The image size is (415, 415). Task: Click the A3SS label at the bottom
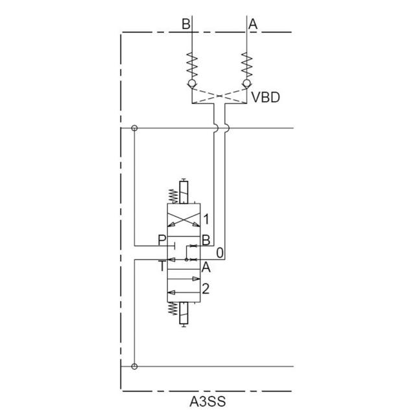[207, 401]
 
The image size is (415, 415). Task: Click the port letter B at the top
[186, 24]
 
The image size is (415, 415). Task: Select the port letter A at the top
[253, 24]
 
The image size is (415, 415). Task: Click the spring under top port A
[246, 65]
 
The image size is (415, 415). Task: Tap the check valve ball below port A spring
[246, 84]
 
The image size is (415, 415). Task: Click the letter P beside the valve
[162, 241]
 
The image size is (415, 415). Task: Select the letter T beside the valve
[162, 265]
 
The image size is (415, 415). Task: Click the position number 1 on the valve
[206, 219]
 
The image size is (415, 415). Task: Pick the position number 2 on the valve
[206, 289]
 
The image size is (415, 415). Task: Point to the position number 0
[220, 252]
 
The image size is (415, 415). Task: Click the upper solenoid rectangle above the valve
[185, 193]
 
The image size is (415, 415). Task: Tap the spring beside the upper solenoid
[173, 195]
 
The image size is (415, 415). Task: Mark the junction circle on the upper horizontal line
[134, 128]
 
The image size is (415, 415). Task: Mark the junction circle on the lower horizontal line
[134, 366]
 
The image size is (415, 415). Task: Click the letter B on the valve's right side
[205, 241]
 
